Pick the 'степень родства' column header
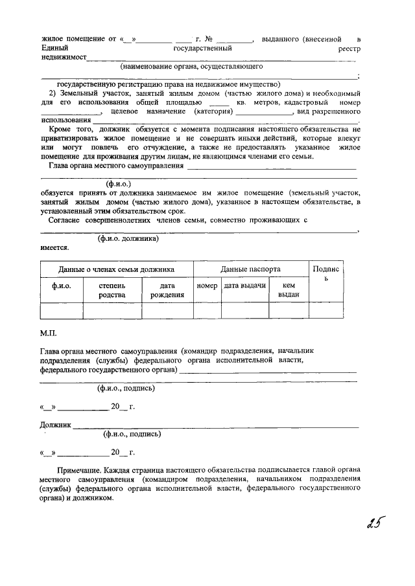(x=112, y=290)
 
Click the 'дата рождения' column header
(x=167, y=290)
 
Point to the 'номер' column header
(x=207, y=286)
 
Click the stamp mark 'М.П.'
(x=49, y=333)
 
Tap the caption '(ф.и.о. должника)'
(x=128, y=238)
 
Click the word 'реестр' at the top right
(x=349, y=49)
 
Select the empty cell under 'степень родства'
(x=112, y=311)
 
